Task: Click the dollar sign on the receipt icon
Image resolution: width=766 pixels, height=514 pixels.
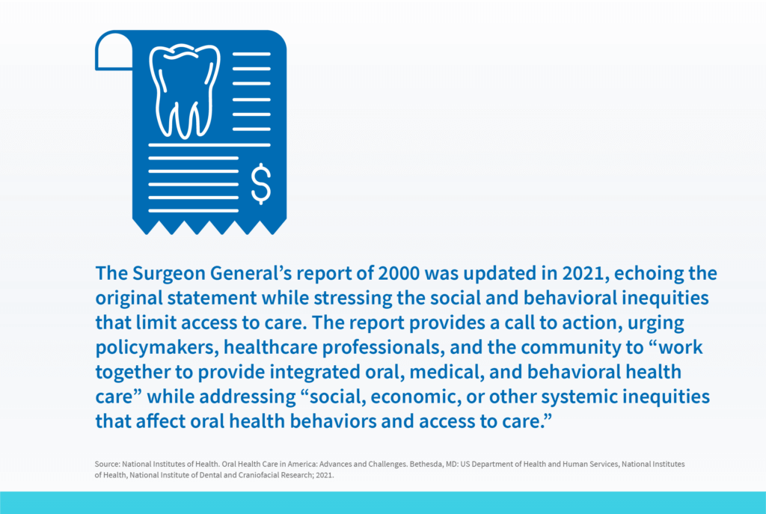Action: point(261,183)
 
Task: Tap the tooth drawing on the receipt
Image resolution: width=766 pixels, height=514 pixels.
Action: point(184,91)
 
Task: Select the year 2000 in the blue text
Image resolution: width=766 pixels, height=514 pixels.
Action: point(399,273)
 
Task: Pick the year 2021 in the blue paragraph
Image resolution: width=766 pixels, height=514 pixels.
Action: point(583,273)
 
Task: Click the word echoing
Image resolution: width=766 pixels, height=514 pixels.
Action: point(649,274)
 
